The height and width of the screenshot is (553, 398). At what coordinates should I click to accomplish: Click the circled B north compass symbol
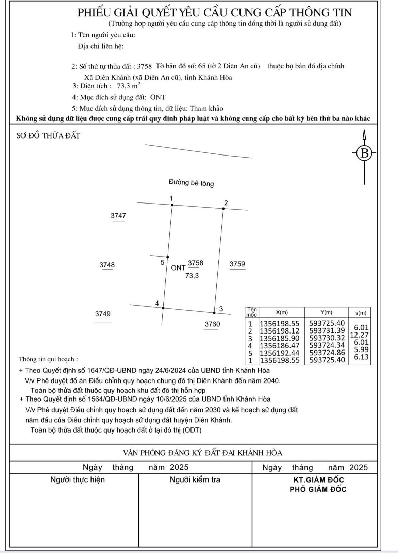[364, 153]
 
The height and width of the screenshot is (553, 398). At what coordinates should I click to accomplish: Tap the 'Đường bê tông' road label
[191, 183]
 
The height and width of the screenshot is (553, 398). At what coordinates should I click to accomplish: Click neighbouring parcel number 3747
[118, 216]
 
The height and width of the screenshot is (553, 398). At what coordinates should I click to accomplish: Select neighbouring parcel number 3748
[107, 265]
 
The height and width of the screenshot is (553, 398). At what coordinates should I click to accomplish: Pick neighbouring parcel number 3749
[102, 314]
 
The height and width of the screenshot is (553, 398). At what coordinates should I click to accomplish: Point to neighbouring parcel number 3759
[237, 264]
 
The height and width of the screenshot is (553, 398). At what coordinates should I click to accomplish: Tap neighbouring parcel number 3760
[212, 324]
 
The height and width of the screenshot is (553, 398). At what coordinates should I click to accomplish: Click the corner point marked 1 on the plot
[172, 205]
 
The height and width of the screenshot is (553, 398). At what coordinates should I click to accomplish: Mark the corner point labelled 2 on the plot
[223, 208]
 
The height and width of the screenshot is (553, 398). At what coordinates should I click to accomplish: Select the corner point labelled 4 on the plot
[163, 308]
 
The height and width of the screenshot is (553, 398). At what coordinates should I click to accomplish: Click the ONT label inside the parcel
[178, 268]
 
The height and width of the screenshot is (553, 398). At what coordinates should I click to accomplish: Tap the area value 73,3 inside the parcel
[192, 276]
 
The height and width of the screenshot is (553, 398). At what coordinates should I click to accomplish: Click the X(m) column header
[282, 312]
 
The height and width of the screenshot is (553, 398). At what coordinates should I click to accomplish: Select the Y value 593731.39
[327, 330]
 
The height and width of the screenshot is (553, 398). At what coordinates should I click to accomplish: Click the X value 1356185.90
[279, 338]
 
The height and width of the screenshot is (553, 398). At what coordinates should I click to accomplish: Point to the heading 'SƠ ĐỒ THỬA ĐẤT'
[48, 135]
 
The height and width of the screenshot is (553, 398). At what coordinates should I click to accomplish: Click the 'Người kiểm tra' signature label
[195, 480]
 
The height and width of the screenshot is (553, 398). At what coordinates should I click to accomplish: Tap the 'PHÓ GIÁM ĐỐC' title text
[318, 489]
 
